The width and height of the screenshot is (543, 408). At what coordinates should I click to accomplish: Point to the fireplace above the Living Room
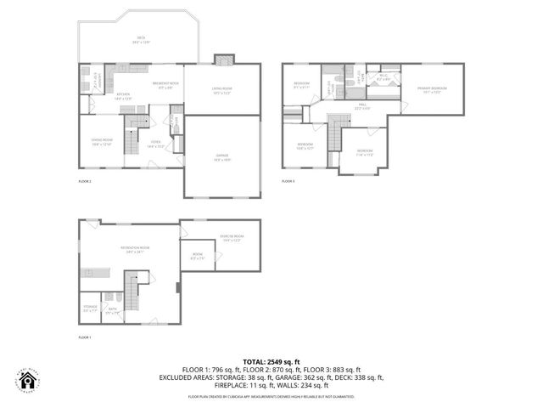224,59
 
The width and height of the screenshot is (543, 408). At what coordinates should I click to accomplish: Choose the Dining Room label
102,143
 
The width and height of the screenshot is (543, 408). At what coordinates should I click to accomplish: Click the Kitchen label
123,95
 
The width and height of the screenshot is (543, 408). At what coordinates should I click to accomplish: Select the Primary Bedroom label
431,90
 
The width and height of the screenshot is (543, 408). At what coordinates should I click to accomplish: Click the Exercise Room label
232,238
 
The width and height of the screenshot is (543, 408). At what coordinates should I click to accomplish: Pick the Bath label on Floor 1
111,311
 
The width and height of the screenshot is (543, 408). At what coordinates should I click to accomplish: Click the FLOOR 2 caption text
85,181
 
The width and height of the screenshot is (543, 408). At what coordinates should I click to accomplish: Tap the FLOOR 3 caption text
288,181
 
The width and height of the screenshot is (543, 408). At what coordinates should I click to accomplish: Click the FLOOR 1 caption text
85,338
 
